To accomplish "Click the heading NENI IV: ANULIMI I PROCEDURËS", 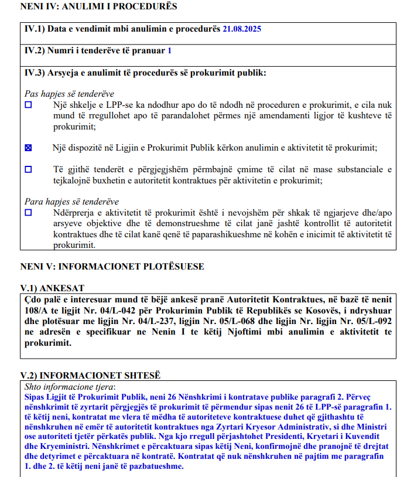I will click(98, 6).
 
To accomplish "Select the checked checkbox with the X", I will click(29, 148).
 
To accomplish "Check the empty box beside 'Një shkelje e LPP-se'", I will click(29, 105).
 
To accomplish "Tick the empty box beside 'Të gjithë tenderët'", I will click(29, 169).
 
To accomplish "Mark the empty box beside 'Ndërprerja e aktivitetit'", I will click(29, 213).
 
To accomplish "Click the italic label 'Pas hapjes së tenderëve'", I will click(69, 94).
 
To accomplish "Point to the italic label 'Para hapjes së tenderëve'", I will click(71, 202).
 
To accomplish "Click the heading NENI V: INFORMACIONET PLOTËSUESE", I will click(112, 267).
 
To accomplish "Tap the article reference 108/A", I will click(36, 310).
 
